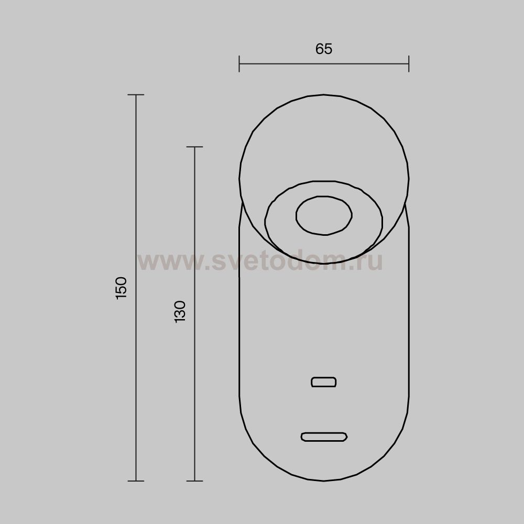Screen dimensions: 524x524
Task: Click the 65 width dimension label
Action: tap(323, 49)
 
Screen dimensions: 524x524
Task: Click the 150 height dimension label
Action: tap(121, 288)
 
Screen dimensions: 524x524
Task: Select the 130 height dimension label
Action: tap(180, 311)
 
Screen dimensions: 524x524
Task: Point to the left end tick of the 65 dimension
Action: tap(239, 64)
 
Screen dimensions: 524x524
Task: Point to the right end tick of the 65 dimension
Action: tap(409, 64)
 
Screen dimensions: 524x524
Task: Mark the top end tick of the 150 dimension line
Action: tap(136, 95)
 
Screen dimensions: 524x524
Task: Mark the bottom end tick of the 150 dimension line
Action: tap(136, 481)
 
